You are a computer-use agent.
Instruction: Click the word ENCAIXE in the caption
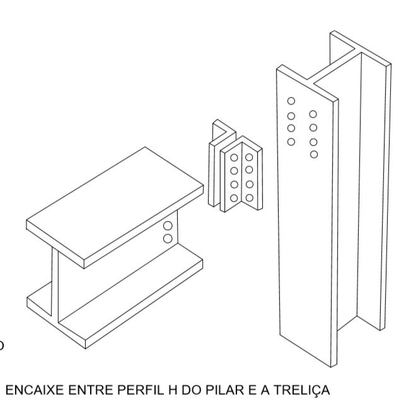(x=35, y=390)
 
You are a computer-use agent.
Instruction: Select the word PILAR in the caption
(x=224, y=390)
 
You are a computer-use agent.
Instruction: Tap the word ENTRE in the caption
(x=90, y=390)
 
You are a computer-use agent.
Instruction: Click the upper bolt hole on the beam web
(x=168, y=226)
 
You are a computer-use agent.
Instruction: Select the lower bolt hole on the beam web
(x=168, y=238)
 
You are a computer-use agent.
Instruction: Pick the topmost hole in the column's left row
(x=291, y=101)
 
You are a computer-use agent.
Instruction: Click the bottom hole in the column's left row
(x=291, y=142)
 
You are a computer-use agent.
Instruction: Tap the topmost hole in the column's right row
(x=313, y=114)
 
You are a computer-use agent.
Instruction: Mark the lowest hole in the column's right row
(x=314, y=154)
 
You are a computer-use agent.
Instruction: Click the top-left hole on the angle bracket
(x=234, y=158)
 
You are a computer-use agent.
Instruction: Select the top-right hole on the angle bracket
(x=249, y=157)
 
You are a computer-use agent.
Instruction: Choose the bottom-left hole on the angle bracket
(x=234, y=198)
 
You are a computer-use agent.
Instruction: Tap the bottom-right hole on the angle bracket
(x=250, y=198)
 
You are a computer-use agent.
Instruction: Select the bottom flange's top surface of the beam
(x=132, y=289)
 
